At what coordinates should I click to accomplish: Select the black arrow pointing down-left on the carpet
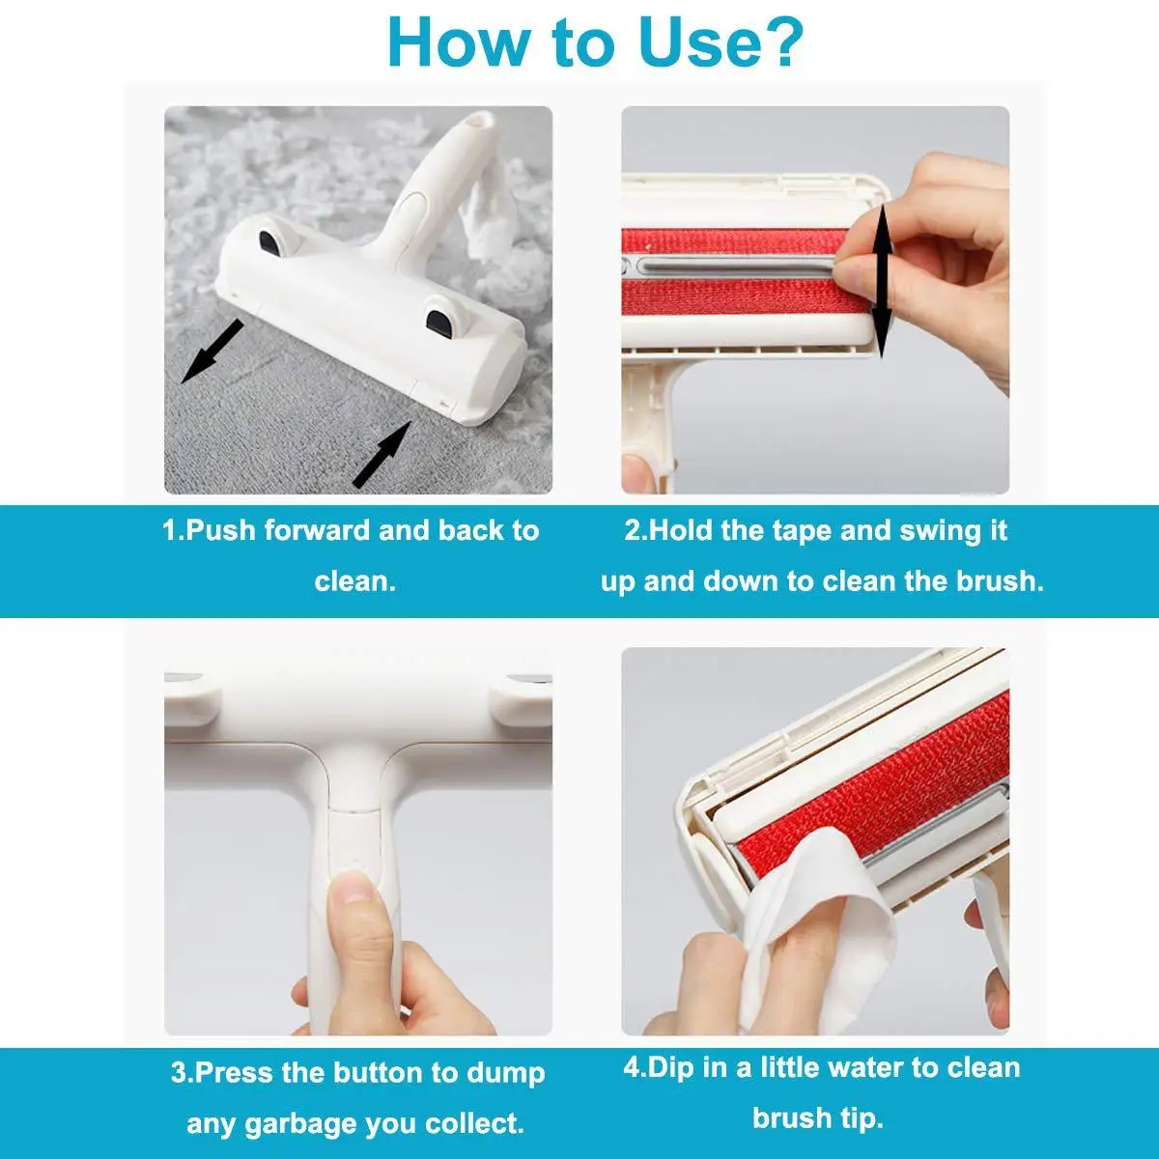point(212,352)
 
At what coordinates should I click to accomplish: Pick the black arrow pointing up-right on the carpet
point(382,454)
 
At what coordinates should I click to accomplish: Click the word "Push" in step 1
point(219,531)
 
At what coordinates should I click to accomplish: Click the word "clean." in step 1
point(354,582)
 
